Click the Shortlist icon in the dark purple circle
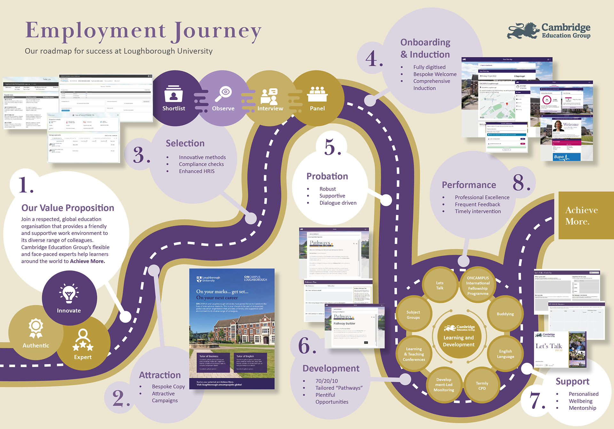pos(173,94)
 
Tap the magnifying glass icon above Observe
pos(224,93)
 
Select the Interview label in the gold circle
pos(270,109)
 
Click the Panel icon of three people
pos(317,94)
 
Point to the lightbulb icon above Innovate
pos(69,293)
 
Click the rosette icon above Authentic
pos(36,328)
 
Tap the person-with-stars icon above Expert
pos(83,340)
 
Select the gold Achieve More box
pos(586,215)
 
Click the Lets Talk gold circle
pos(440,285)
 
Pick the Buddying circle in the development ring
pos(505,314)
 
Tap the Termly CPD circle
pos(482,386)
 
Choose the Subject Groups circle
pos(413,315)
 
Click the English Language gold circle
pos(505,354)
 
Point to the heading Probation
pos(327,176)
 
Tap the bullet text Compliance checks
pos(201,164)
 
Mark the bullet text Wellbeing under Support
pos(580,401)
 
